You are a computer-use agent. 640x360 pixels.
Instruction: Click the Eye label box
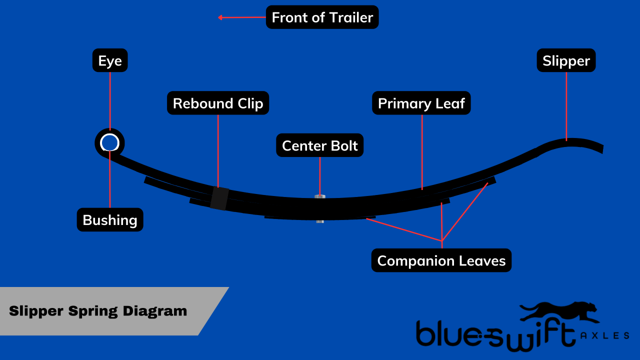click(110, 61)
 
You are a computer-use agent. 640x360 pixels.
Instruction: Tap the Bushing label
click(110, 220)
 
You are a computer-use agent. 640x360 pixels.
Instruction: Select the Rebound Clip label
click(218, 103)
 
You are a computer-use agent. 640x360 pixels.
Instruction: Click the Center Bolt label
click(320, 145)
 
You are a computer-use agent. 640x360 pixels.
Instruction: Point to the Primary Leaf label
click(421, 103)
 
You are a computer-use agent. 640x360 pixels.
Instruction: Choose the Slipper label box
click(566, 61)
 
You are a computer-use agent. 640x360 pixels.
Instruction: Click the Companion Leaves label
click(441, 260)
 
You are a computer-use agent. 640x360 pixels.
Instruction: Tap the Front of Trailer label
click(322, 17)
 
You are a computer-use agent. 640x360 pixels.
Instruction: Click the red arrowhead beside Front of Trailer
click(220, 17)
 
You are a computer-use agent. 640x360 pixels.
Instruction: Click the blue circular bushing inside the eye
click(109, 143)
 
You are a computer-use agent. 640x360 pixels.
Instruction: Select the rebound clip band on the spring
click(219, 198)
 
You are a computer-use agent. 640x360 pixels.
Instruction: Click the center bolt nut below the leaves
click(320, 220)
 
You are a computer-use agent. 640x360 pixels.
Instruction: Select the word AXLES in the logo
click(604, 335)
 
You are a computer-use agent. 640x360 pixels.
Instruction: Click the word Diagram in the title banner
click(154, 311)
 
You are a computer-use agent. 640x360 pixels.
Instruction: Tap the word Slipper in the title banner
click(36, 311)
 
